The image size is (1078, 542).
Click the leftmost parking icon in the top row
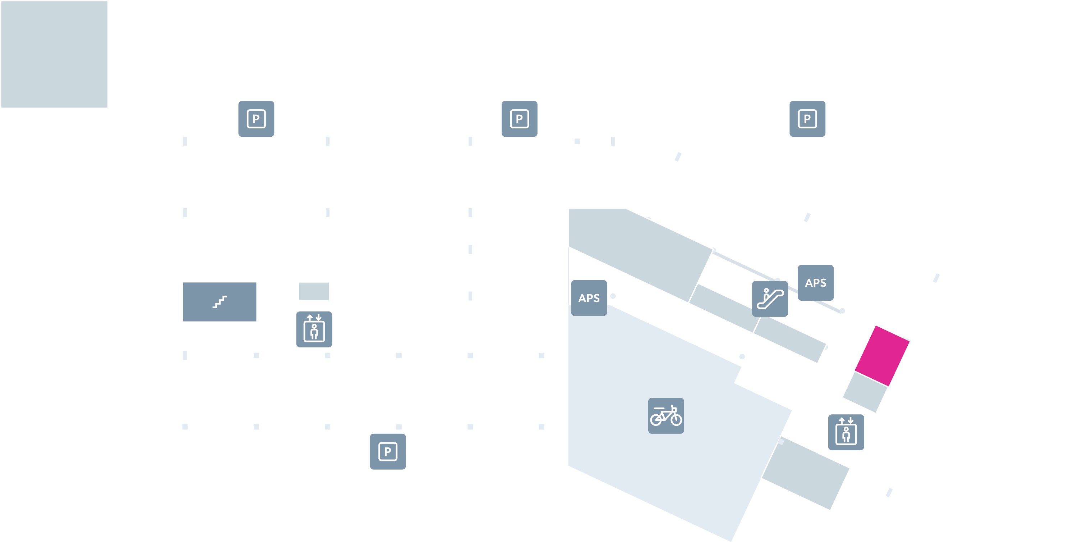point(256,119)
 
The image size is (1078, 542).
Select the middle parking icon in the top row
point(519,119)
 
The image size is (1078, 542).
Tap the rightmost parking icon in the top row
point(807,119)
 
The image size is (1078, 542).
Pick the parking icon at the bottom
point(387,451)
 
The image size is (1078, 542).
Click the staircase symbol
point(220,302)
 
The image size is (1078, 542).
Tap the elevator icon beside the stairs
point(314,329)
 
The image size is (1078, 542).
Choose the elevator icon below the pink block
point(846,432)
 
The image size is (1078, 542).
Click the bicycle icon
point(666,415)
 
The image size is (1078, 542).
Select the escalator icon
point(770,299)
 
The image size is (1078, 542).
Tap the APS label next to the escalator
point(815,283)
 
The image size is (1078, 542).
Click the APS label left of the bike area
point(589,298)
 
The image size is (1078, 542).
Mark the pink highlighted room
point(882,356)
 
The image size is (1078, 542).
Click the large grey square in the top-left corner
point(54,54)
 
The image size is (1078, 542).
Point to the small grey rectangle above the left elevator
point(314,291)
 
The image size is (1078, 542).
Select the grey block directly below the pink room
point(865,392)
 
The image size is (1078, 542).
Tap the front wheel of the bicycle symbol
point(676,419)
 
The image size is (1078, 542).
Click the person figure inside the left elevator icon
point(314,332)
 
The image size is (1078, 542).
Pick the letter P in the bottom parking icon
point(387,451)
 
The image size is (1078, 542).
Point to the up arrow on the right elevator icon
point(841,420)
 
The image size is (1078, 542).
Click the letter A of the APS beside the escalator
point(808,283)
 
